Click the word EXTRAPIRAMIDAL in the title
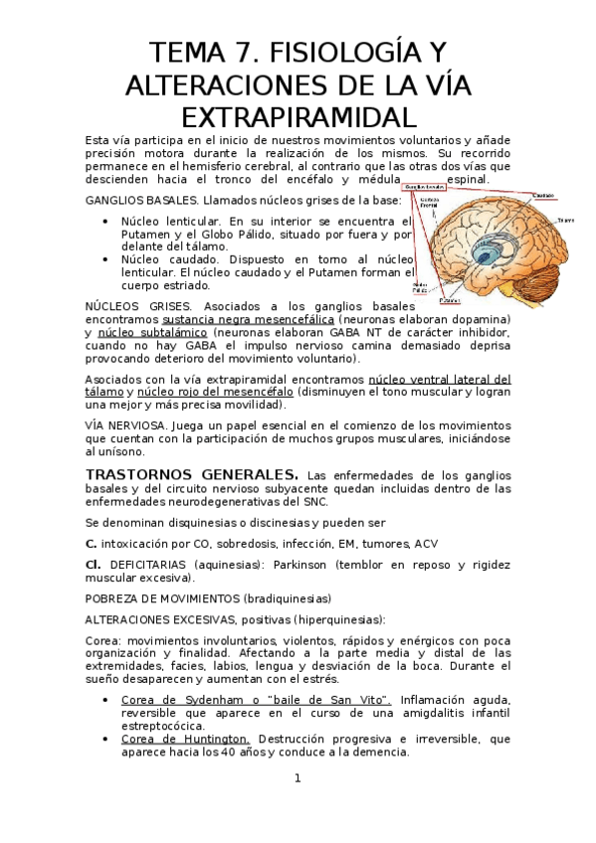(298, 115)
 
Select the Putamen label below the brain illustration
(450, 299)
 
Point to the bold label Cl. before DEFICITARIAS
(95, 564)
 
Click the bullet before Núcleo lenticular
(104, 221)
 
